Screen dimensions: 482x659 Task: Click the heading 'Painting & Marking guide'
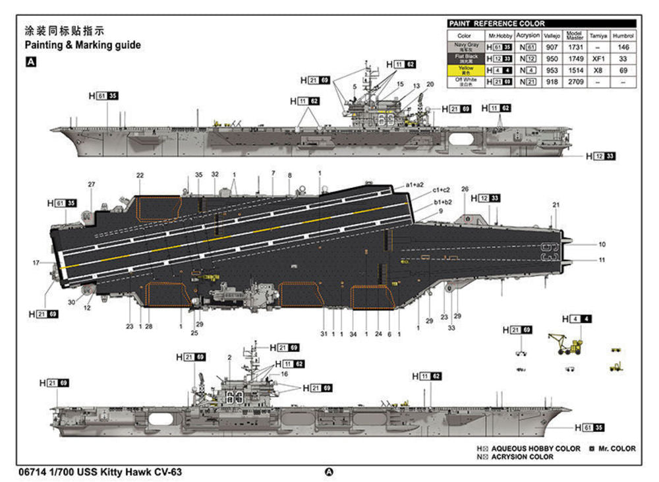coord(82,45)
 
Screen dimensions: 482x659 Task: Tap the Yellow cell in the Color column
coord(464,70)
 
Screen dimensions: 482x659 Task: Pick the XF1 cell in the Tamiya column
coord(598,59)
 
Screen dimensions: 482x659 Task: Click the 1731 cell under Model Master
coord(575,47)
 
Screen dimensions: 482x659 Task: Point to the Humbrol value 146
coord(623,47)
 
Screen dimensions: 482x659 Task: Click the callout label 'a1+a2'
coord(415,185)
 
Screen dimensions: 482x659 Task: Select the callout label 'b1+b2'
coord(443,202)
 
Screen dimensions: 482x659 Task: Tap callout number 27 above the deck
coord(92,185)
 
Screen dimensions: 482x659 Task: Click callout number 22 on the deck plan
coord(140,175)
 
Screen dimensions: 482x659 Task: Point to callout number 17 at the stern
coord(36,263)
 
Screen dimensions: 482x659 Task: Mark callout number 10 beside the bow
coord(602,245)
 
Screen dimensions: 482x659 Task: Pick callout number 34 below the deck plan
coord(353,334)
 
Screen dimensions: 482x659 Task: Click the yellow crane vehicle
coord(565,343)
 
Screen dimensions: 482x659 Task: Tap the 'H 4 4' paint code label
coord(577,319)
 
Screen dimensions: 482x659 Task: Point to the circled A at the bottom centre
coord(329,472)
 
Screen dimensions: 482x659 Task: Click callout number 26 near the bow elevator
coord(465,189)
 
